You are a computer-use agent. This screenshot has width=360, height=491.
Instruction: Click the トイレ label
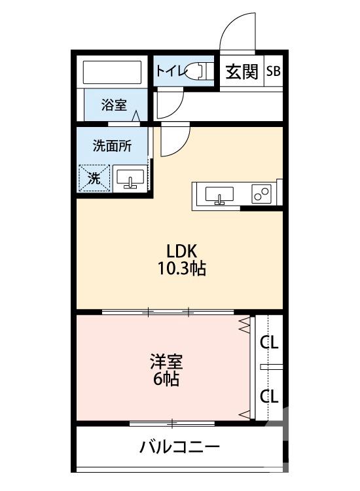pyautogui.click(x=168, y=71)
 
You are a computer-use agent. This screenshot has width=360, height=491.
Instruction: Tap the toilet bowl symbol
pyautogui.click(x=198, y=71)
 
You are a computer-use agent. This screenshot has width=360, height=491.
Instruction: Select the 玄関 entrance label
pyautogui.click(x=242, y=71)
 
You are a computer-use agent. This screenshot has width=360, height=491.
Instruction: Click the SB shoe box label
pyautogui.click(x=273, y=71)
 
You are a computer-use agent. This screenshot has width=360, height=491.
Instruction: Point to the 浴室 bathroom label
pyautogui.click(x=114, y=105)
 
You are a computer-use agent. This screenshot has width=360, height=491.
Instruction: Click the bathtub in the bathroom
pyautogui.click(x=112, y=72)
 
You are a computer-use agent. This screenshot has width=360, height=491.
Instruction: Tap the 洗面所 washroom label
pyautogui.click(x=112, y=146)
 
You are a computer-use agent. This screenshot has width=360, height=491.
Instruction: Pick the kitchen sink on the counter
pyautogui.click(x=219, y=195)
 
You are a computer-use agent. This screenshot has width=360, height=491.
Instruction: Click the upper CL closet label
pyautogui.click(x=269, y=342)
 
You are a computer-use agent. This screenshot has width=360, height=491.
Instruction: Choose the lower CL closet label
pyautogui.click(x=269, y=395)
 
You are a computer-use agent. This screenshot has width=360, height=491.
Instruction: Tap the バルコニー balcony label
pyautogui.click(x=179, y=448)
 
